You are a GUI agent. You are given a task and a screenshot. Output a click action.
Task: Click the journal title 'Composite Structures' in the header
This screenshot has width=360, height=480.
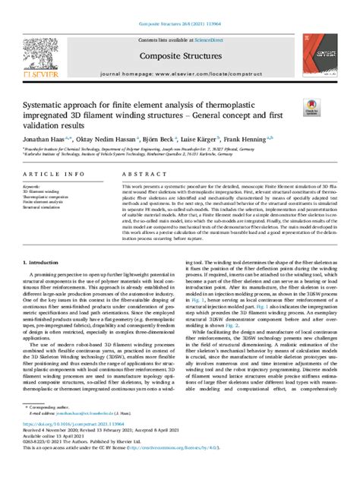tap(179, 55)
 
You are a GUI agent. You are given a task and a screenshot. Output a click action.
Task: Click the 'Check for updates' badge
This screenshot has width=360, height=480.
tap(312, 109)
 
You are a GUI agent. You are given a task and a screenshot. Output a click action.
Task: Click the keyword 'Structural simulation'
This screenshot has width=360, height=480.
tap(43, 207)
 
